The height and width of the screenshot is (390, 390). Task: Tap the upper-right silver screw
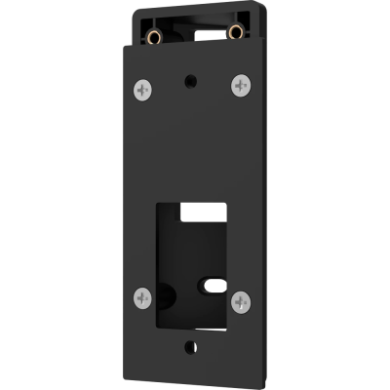click(240, 86)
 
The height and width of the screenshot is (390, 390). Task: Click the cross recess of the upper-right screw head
click(240, 86)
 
